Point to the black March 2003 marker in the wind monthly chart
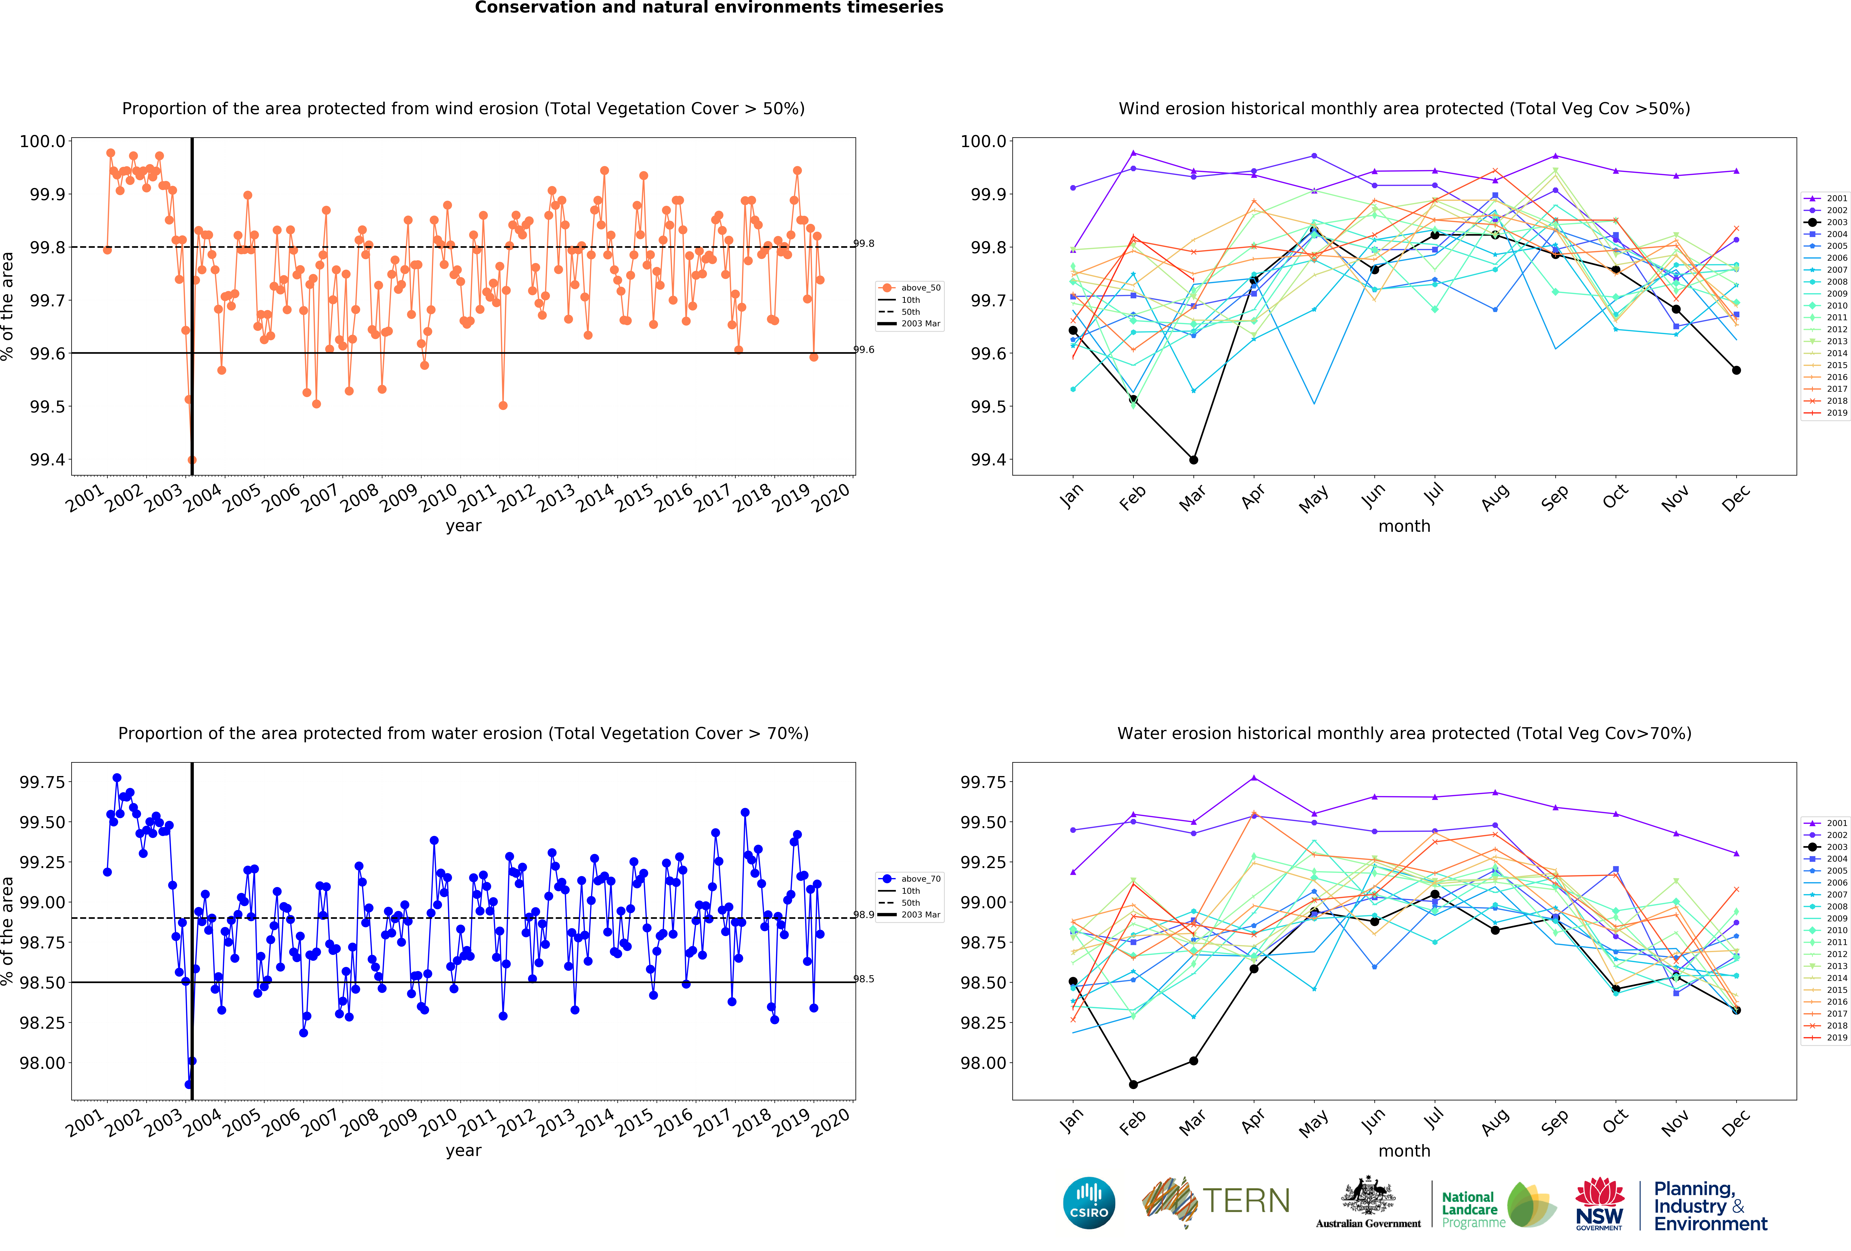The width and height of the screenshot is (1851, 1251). [x=1193, y=460]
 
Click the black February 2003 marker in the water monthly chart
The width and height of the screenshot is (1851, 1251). [x=1133, y=1085]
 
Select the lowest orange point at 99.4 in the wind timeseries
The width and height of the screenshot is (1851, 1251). [x=192, y=460]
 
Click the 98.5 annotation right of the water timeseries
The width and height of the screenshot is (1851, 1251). [x=864, y=979]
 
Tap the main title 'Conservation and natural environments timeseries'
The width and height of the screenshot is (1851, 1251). [x=709, y=8]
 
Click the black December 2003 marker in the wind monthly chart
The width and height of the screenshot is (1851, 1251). [x=1736, y=371]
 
